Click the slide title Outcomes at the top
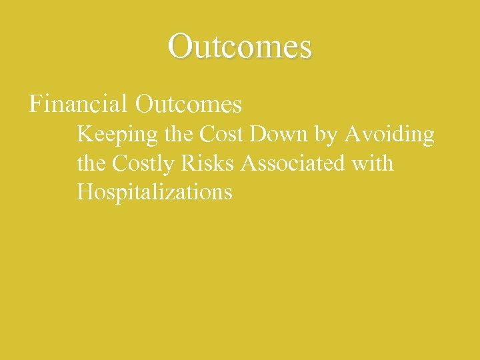coord(240,47)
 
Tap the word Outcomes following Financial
coord(188,104)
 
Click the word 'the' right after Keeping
coord(179,135)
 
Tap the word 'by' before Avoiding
coord(326,136)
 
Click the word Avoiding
coord(389,135)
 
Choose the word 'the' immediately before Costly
coord(91,163)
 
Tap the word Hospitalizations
coord(155,193)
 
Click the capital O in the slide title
coord(180,47)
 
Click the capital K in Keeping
coord(85,135)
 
